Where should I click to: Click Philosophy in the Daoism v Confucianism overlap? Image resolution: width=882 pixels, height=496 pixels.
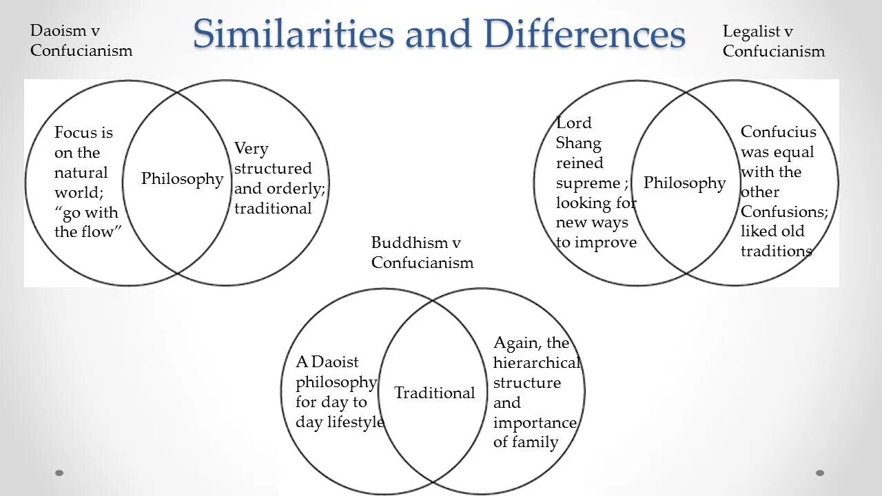pyautogui.click(x=182, y=179)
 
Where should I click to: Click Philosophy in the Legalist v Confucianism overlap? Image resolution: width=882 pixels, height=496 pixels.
pyautogui.click(x=684, y=183)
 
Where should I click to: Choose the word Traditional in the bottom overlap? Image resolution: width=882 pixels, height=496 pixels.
pyautogui.click(x=434, y=393)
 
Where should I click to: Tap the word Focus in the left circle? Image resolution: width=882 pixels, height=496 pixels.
pyautogui.click(x=74, y=132)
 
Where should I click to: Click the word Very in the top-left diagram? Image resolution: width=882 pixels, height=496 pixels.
pyautogui.click(x=251, y=149)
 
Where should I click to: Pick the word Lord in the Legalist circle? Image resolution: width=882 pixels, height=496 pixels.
pyautogui.click(x=573, y=123)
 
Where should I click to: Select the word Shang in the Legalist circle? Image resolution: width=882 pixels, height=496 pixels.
pyautogui.click(x=578, y=143)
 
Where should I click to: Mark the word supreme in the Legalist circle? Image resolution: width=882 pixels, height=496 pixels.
pyautogui.click(x=588, y=183)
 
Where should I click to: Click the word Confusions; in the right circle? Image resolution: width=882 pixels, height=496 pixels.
pyautogui.click(x=784, y=212)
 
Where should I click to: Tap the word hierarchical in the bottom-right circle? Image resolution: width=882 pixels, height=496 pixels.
pyautogui.click(x=537, y=363)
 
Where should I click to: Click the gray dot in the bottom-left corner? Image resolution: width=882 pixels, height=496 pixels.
pyautogui.click(x=59, y=473)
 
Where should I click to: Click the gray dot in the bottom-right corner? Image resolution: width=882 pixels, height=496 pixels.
pyautogui.click(x=820, y=473)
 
